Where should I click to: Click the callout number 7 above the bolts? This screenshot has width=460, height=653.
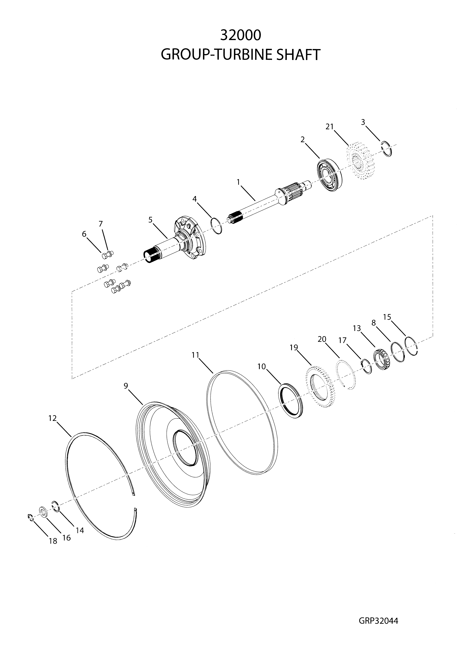tap(101, 224)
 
